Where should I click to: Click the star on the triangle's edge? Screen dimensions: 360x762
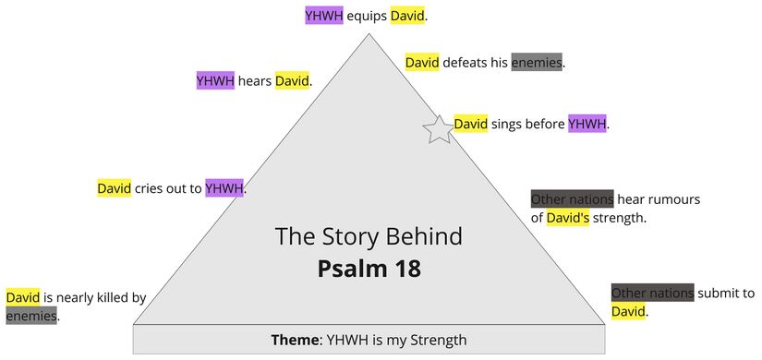coord(439,130)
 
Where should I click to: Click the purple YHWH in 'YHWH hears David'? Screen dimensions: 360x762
coord(215,81)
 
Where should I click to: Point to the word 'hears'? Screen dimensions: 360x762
coord(255,81)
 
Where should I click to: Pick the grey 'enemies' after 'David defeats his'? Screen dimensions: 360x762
coord(537,63)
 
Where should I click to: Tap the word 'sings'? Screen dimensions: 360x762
coord(507,124)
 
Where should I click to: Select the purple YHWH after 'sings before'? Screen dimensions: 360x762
coord(587,124)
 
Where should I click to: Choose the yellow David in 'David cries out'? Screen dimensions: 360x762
coord(115,189)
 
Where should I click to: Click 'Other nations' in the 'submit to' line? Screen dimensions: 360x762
coord(652,294)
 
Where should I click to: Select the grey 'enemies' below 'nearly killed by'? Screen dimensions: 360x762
coord(31,317)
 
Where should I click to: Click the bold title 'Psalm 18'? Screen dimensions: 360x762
coord(369,269)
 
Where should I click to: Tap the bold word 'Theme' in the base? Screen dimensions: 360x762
coord(294,340)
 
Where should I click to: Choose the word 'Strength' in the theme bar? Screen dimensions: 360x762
coord(433,340)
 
